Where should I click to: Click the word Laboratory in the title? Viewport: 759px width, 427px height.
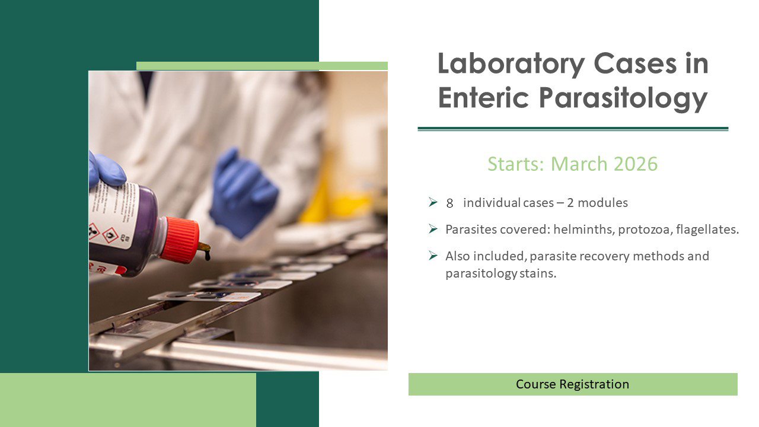point(508,64)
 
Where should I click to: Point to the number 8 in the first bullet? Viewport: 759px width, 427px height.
point(449,203)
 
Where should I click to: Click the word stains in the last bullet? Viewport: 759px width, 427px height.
point(540,274)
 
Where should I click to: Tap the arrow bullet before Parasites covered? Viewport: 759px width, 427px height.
point(433,229)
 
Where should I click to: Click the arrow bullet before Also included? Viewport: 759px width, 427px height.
point(433,256)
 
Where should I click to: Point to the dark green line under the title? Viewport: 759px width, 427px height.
point(573,128)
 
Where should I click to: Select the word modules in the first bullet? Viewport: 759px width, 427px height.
point(602,203)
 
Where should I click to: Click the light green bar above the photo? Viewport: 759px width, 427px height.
point(262,66)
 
